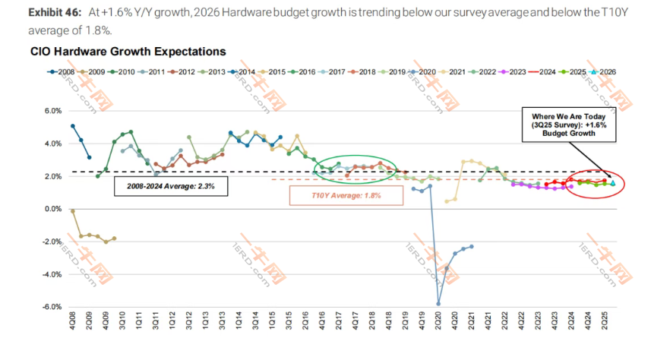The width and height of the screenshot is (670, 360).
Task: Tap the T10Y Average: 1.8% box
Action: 346,194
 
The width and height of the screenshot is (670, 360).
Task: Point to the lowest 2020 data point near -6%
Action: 438,304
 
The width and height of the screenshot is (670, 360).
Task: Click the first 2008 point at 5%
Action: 73,126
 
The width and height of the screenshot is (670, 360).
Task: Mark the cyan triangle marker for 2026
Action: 613,183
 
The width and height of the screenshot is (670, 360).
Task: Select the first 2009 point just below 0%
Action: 73,211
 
